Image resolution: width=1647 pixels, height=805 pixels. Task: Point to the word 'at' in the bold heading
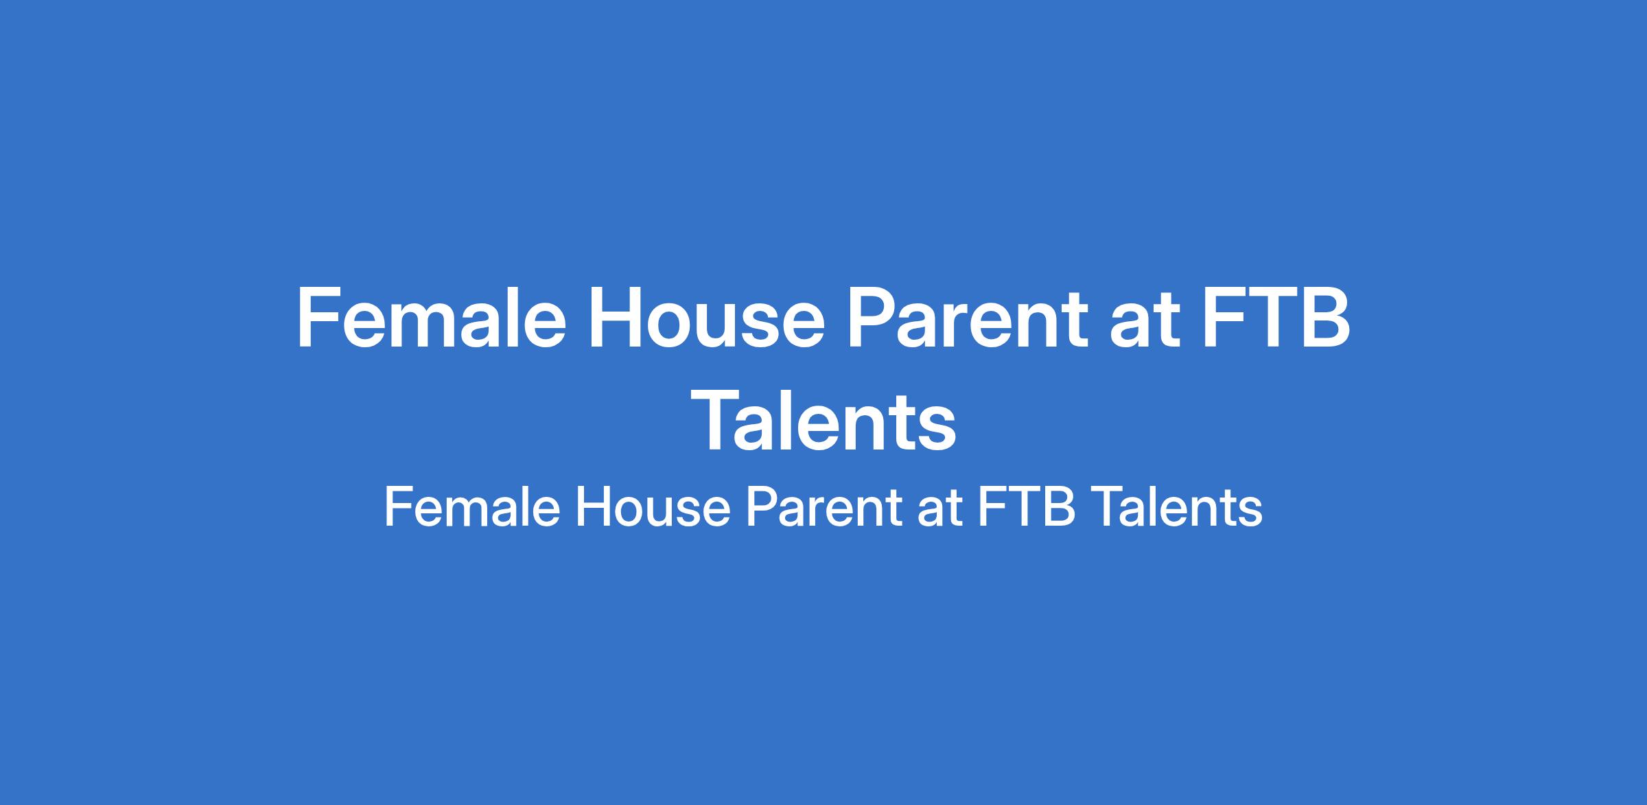1146,327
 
